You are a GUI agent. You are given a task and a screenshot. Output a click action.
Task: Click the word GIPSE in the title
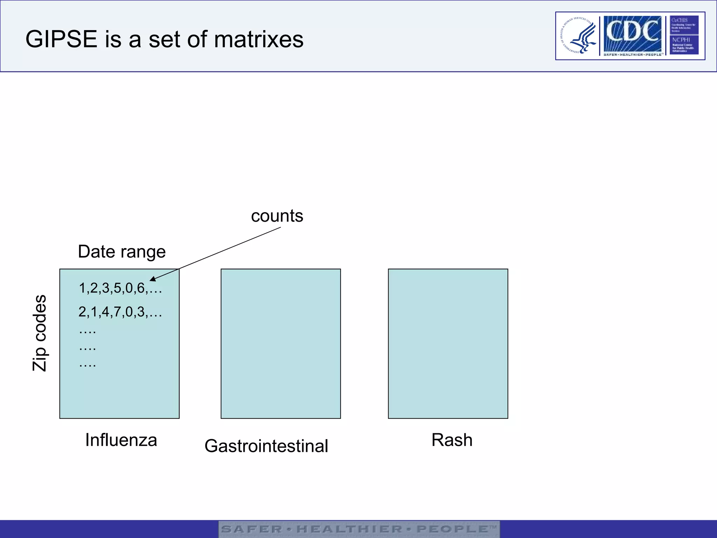tap(61, 39)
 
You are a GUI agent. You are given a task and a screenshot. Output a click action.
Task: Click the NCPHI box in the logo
tap(684, 44)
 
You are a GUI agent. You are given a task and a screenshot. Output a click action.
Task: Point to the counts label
tap(277, 216)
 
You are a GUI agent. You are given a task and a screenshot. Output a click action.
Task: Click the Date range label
tap(121, 251)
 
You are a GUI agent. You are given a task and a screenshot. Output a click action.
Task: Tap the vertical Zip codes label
tap(40, 333)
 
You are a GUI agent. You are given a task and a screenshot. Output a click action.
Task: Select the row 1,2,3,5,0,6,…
tap(120, 288)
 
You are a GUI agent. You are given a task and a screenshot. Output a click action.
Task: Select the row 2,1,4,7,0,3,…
tap(120, 312)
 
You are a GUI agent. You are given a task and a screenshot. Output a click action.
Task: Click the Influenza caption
tap(121, 440)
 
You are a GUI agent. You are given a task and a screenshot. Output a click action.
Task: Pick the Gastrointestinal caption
tap(266, 446)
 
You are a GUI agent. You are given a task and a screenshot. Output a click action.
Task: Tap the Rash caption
tap(452, 440)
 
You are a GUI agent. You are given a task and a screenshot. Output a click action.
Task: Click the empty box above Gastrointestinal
tap(280, 343)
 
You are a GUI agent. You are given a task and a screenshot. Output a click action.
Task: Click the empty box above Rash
tap(448, 343)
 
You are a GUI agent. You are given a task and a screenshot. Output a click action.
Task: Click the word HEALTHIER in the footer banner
tap(349, 529)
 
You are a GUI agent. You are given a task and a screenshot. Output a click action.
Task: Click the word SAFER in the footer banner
tap(251, 529)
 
